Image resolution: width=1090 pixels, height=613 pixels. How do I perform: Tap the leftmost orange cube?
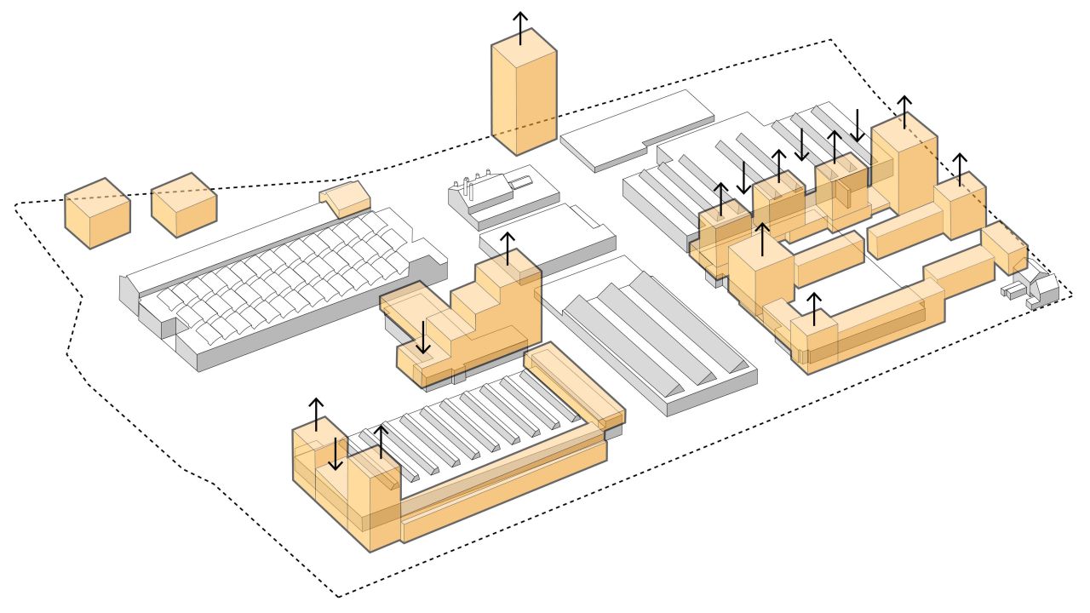click(x=97, y=214)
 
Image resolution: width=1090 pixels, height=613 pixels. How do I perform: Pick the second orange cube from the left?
click(x=183, y=205)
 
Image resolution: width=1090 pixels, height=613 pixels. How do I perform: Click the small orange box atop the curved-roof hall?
click(x=346, y=198)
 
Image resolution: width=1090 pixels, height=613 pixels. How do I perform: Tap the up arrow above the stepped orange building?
click(x=508, y=247)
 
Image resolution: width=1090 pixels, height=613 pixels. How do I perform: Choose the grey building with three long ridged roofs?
click(x=651, y=341)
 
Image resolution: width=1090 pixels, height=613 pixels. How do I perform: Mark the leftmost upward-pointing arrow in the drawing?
click(x=316, y=414)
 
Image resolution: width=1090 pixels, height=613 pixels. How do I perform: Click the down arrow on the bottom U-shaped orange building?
click(x=336, y=453)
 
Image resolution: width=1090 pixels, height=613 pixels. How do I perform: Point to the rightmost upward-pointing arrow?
click(x=961, y=169)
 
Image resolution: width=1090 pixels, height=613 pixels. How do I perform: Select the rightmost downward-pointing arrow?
click(x=857, y=124)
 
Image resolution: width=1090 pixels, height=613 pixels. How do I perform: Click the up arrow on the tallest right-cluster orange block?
click(x=904, y=111)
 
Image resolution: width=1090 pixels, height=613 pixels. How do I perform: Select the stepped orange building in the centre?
click(x=477, y=319)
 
